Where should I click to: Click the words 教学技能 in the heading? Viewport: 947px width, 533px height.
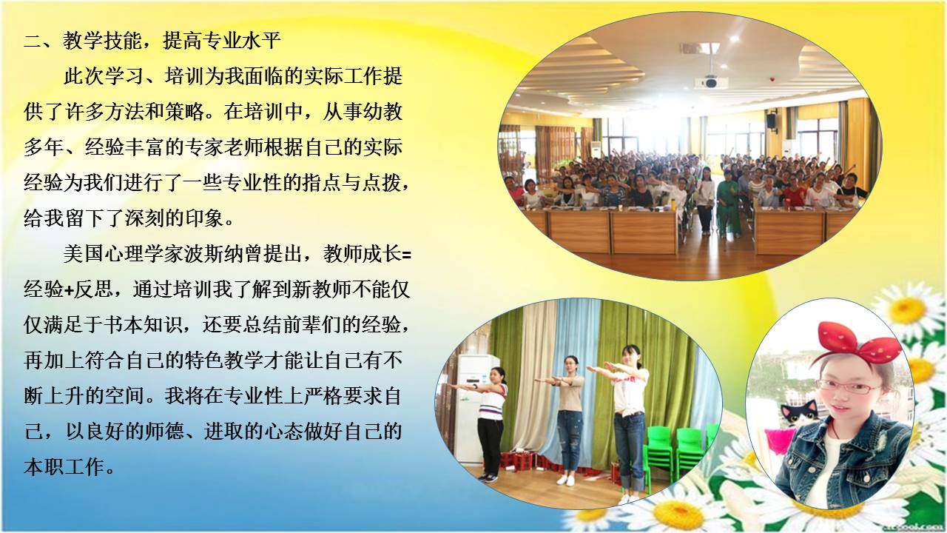tap(102, 41)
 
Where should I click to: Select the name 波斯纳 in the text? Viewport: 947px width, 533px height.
tap(222, 254)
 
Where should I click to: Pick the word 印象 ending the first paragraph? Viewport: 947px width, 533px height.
tap(203, 218)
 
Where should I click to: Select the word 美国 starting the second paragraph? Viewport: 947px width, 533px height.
tap(84, 254)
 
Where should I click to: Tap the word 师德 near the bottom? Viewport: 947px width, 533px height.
tap(164, 432)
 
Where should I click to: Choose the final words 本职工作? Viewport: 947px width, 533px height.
tap(64, 467)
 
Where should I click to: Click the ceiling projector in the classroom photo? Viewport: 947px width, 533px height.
tap(710, 81)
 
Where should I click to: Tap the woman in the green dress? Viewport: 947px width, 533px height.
tap(728, 204)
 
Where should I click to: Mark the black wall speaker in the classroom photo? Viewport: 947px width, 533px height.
tap(772, 121)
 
